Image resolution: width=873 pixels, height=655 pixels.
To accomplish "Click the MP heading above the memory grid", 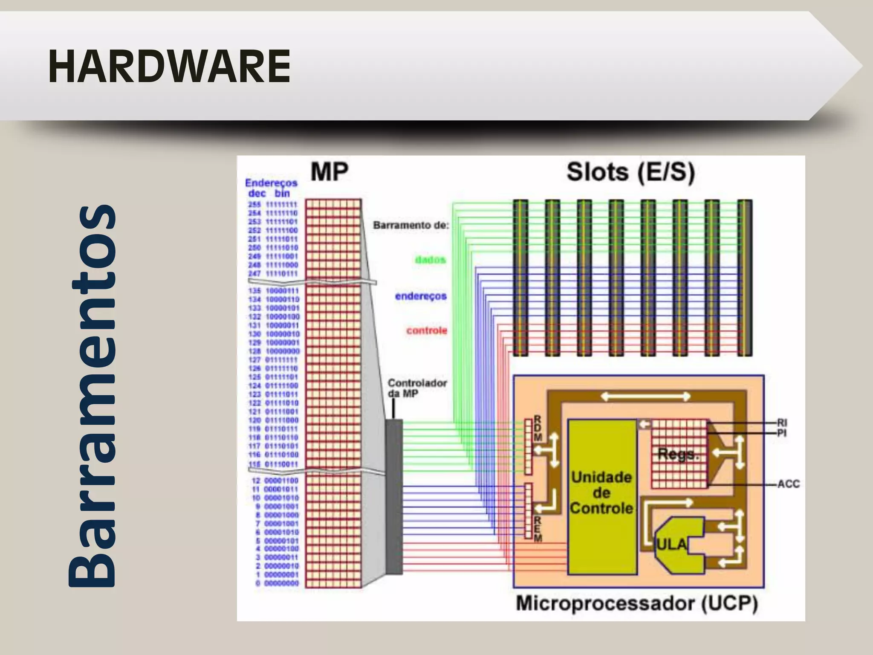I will pos(329,172).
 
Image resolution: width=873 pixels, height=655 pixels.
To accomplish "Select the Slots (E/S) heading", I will pos(630,172).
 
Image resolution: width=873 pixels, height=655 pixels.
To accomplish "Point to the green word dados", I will pos(430,259).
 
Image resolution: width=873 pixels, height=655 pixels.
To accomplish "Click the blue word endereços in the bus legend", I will pos(420,296).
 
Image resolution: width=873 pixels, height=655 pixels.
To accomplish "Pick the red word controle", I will pos(426,330).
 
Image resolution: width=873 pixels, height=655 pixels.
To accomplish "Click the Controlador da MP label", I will pos(416,388).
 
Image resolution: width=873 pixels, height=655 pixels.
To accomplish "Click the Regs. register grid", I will pos(679,454).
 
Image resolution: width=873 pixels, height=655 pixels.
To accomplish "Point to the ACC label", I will pos(788,484).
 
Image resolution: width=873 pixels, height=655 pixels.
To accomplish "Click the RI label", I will pos(782,423).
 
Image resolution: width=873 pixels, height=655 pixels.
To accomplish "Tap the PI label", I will pos(781,433).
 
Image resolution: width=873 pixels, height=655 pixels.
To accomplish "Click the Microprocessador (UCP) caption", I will pos(637,603).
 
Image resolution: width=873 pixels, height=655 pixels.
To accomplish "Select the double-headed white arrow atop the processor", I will pos(645,397).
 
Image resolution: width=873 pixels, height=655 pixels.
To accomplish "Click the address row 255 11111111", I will pos(273,204).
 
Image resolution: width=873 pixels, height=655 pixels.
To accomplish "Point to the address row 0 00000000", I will pos(277,583).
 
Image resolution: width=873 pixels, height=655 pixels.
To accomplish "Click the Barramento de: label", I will pos(411,225).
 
